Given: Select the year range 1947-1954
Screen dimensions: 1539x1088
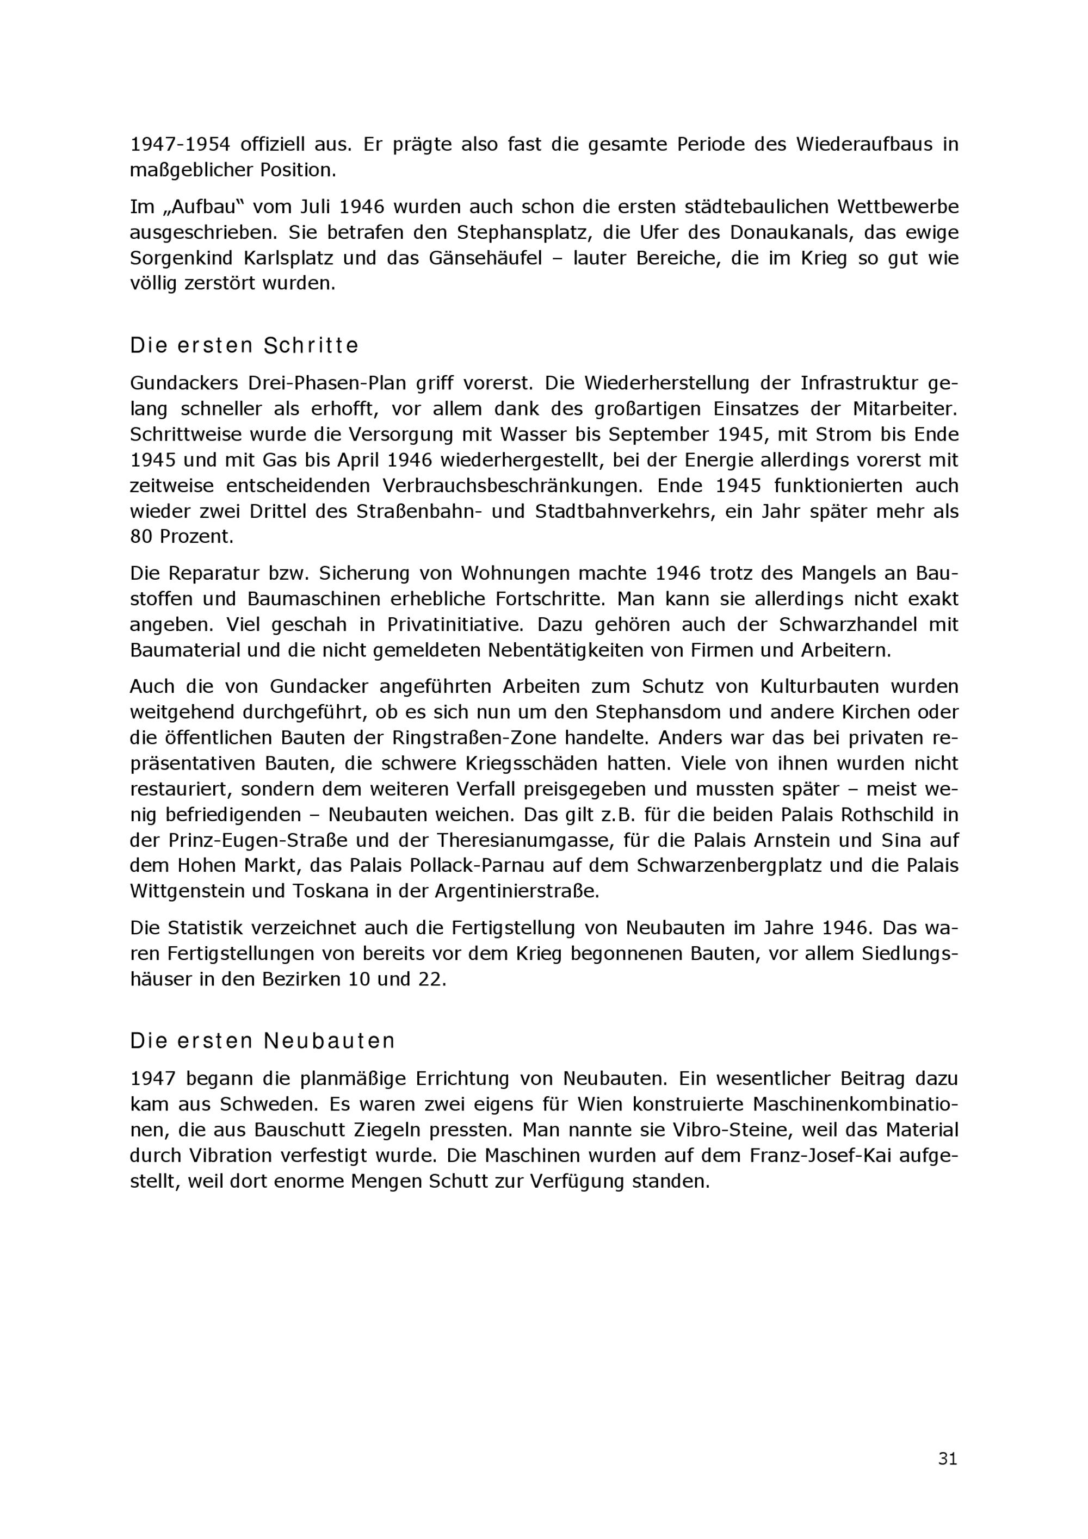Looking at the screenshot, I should [180, 144].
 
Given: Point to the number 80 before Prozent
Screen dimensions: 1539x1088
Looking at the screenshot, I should [142, 536].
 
